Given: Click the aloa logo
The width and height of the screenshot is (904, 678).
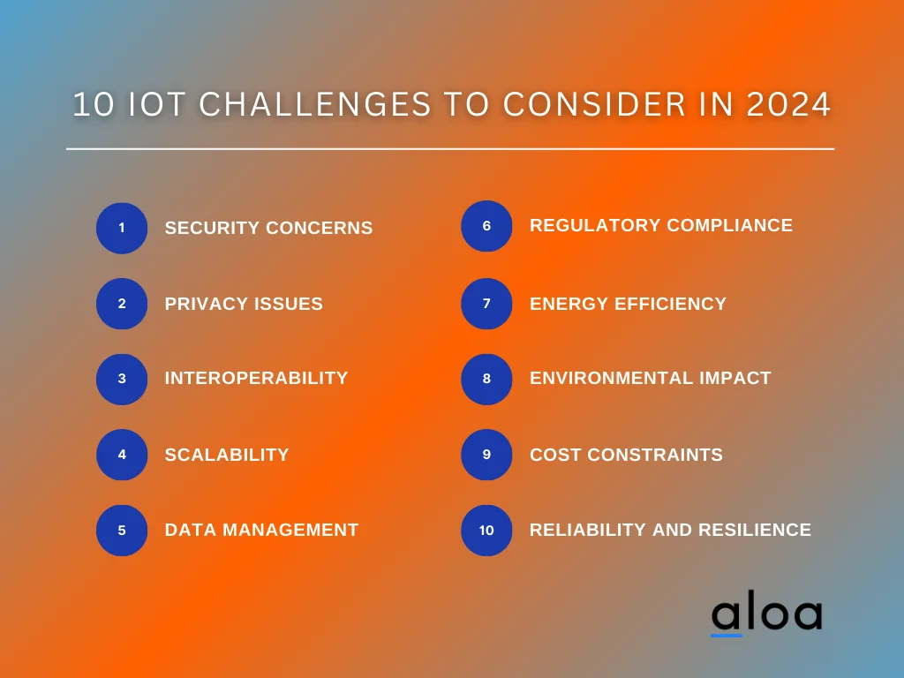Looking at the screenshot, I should point(765,615).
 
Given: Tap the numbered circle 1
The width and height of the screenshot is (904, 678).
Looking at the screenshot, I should point(122,228).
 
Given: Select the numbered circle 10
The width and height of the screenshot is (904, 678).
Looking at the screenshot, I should point(486,531).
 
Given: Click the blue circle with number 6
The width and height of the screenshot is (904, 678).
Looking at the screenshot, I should point(486,226).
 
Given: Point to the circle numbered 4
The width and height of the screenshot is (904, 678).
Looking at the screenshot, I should point(122,455).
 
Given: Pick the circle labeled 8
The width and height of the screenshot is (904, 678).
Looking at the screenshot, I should point(486,379).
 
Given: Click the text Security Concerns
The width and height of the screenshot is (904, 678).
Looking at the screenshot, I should point(268,228).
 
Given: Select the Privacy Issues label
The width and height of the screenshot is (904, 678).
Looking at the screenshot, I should point(244,304).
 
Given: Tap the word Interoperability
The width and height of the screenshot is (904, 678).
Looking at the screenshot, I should point(256,378).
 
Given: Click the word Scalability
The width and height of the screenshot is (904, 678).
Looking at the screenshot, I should point(227,455).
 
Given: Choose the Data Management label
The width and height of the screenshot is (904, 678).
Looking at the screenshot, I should point(261,530).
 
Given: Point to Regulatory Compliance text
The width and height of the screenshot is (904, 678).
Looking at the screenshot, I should point(660,225).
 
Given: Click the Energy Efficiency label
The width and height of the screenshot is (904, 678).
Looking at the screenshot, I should point(628,304).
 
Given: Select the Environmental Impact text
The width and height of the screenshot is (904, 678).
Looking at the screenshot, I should point(650,378).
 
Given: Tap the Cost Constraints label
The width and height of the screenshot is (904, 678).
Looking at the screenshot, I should point(626,455).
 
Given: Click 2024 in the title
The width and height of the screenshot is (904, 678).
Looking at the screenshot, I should point(788,105).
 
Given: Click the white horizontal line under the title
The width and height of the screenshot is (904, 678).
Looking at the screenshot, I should point(450,149).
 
